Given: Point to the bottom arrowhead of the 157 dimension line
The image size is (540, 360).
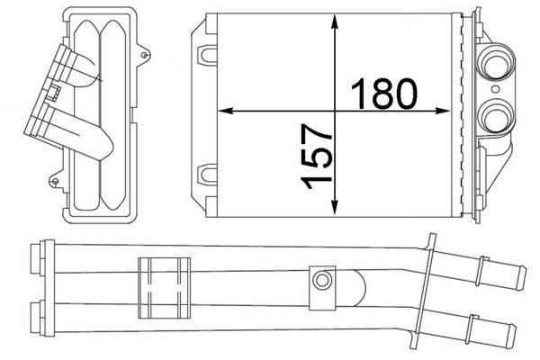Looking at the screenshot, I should coord(335,214).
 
